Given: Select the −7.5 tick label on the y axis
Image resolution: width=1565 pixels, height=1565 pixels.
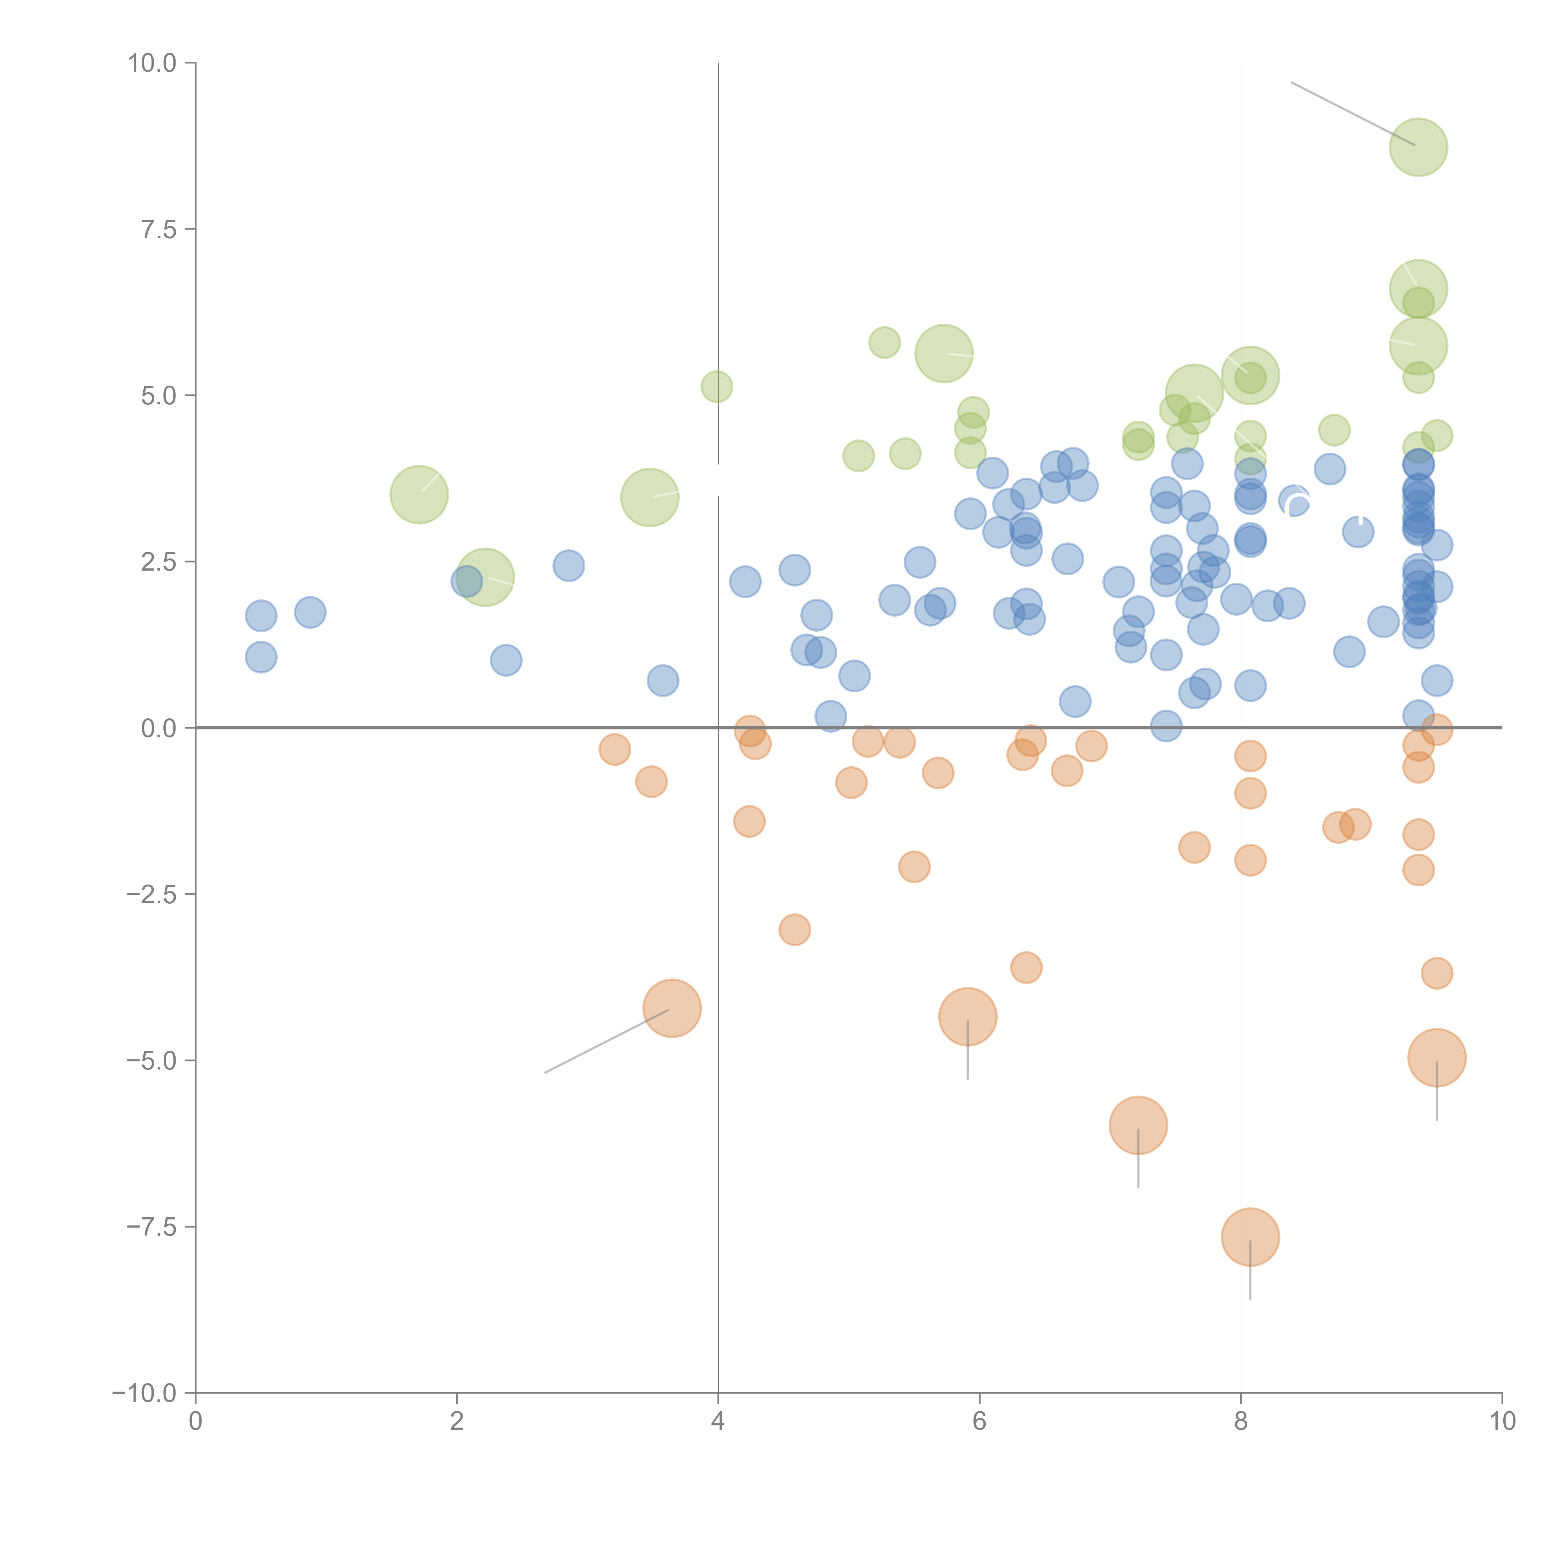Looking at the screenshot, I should (151, 1226).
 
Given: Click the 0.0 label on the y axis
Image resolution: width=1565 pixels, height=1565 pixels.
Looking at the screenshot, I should (159, 728).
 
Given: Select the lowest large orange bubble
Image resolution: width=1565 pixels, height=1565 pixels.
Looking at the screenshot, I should (1250, 1237).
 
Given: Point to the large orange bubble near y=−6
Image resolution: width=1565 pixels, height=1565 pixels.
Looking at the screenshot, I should (1138, 1125).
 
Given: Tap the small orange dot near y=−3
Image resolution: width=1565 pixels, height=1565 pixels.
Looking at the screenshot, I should (795, 929).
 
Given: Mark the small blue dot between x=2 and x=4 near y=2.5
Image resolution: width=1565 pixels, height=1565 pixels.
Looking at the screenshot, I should (569, 565).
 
